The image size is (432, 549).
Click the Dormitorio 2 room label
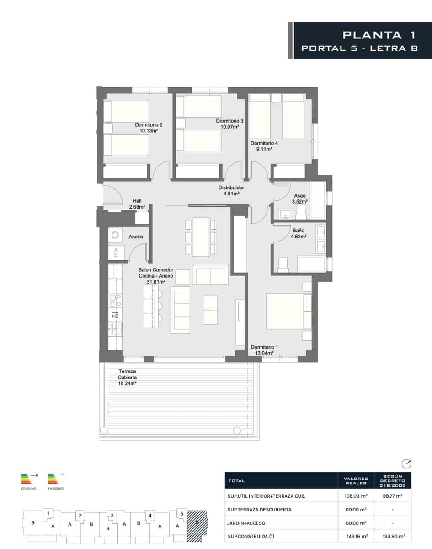point(149,124)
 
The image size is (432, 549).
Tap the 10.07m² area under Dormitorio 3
point(229,127)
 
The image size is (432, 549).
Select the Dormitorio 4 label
point(264,143)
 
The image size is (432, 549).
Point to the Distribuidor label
point(231,188)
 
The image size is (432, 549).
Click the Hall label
point(137,201)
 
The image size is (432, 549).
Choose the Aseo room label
point(300,195)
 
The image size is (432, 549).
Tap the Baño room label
point(299,231)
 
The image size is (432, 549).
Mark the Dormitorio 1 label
point(264,347)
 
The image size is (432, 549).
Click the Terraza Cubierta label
point(128,375)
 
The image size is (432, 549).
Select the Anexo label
point(136,237)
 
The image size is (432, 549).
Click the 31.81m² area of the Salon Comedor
point(155,282)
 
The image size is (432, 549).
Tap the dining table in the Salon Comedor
point(200,236)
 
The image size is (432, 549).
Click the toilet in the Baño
point(283,264)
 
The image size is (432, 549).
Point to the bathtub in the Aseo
point(317,200)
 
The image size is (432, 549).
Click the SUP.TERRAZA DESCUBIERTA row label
point(259,510)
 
